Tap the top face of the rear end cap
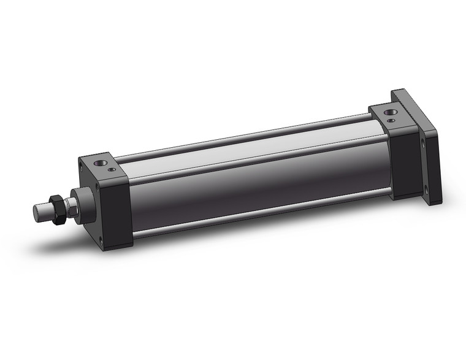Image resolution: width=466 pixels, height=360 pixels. coord(392,114)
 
